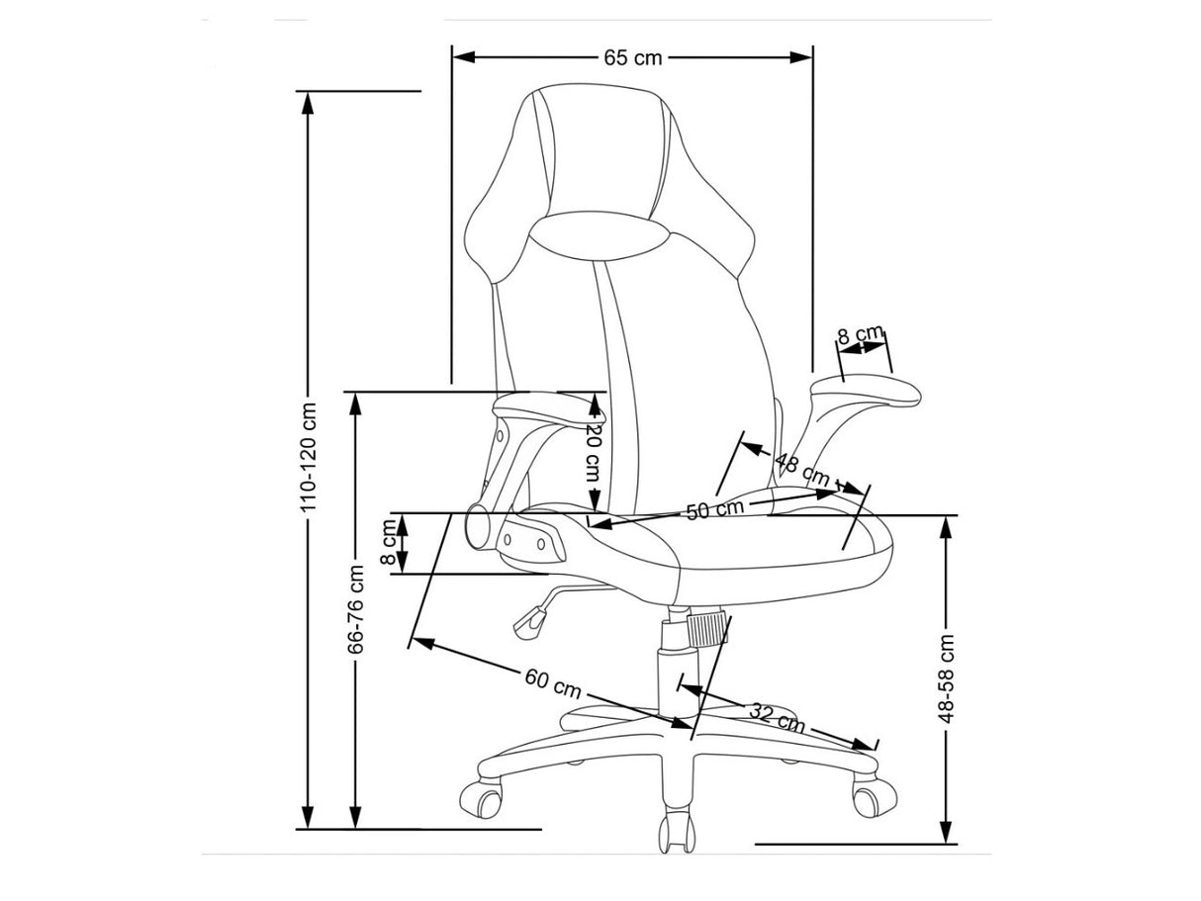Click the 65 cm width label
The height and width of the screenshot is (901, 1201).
[x=632, y=57]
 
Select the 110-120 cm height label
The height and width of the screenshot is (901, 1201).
[x=309, y=457]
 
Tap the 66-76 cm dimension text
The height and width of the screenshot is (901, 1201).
[x=356, y=609]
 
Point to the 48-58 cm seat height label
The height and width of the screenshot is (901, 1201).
[x=946, y=678]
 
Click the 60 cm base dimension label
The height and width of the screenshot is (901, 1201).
[x=553, y=684]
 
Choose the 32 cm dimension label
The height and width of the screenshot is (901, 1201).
[x=777, y=718]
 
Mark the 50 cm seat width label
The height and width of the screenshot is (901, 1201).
[x=714, y=509]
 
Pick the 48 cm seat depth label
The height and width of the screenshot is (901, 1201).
[x=802, y=470]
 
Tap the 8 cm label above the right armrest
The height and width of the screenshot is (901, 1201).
[x=861, y=333]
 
